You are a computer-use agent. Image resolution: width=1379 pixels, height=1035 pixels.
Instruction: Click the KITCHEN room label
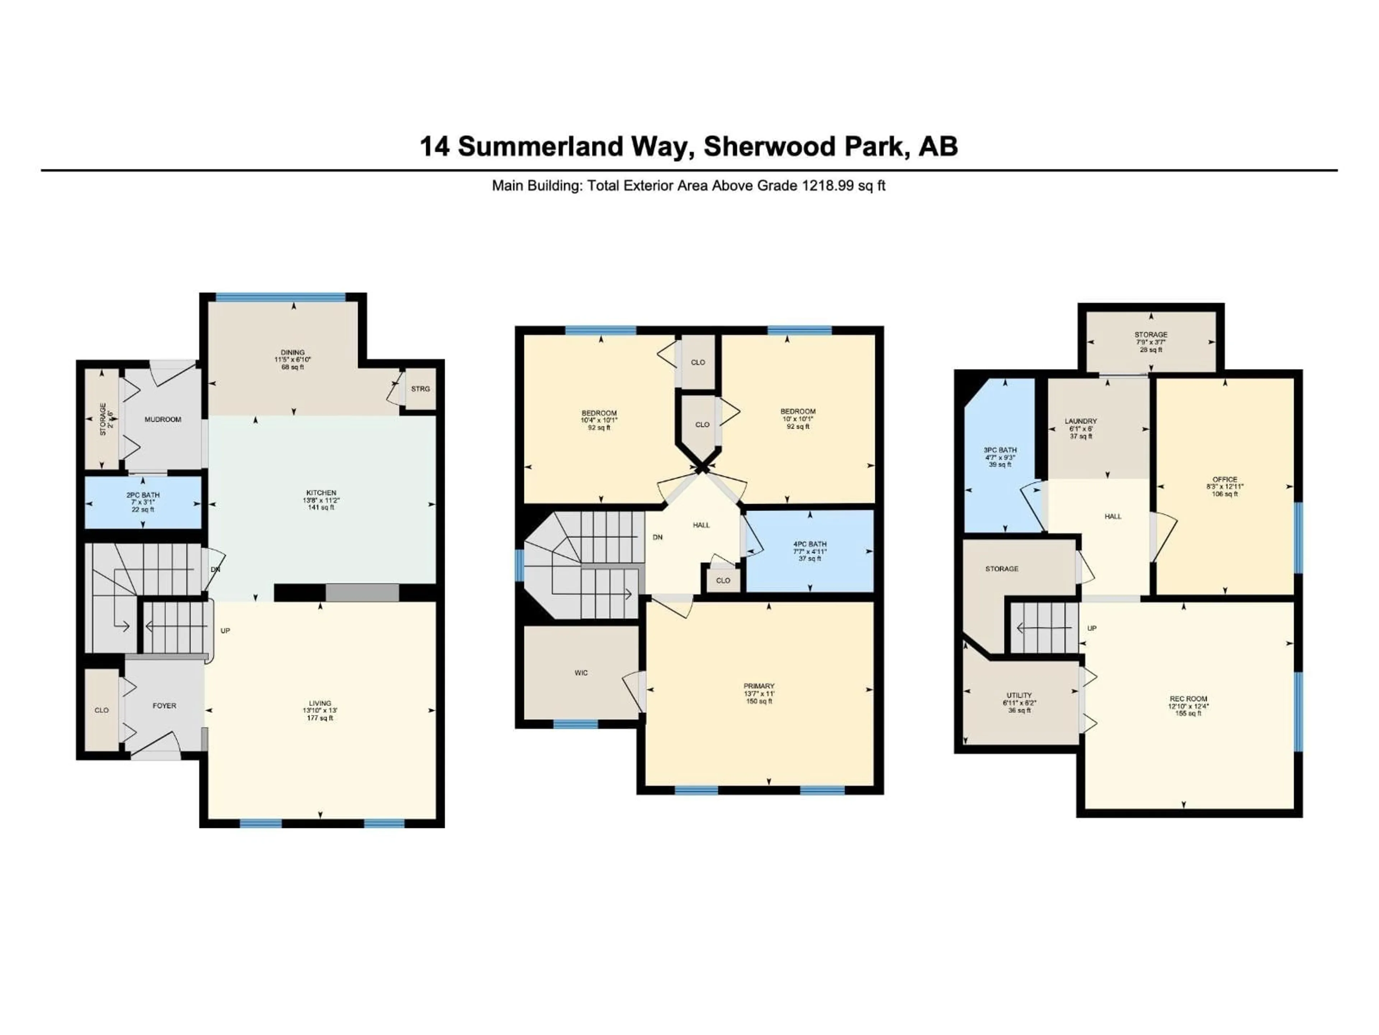(x=321, y=493)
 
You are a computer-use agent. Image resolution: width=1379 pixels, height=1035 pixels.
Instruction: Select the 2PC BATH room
(x=143, y=502)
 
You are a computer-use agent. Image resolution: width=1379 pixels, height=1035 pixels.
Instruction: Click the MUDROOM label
(x=163, y=419)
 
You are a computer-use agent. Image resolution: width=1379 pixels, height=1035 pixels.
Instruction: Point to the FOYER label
(x=164, y=705)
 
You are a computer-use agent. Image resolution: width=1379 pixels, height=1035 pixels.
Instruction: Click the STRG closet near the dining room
(x=420, y=389)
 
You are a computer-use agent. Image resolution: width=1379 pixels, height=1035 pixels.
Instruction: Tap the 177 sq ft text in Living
(x=320, y=718)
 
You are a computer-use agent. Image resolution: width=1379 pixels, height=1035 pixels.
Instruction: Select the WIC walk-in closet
(x=581, y=672)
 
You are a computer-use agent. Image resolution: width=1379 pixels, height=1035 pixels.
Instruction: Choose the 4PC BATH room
(x=810, y=544)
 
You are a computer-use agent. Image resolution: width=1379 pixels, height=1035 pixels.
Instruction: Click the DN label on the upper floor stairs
(x=657, y=537)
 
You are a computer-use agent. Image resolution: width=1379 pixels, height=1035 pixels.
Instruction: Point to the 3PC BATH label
(x=1000, y=450)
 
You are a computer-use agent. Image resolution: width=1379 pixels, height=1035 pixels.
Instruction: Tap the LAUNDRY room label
(x=1080, y=421)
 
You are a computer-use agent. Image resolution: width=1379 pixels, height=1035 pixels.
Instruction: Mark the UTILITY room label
(x=1019, y=695)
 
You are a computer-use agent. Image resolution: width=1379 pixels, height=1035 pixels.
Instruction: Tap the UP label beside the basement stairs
(x=1092, y=628)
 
